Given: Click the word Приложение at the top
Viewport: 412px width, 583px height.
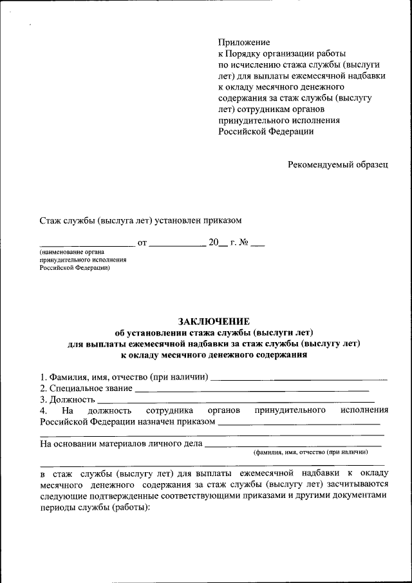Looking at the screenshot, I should coord(243,43).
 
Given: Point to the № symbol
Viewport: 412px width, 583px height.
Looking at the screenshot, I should coord(243,244).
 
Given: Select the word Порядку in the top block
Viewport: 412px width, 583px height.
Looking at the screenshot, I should coord(245,54).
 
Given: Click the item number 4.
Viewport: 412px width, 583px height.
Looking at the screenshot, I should coord(42,410).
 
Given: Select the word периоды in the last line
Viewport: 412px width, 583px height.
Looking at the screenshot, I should coord(57,507).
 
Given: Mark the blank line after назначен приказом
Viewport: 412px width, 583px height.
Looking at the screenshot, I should coord(299,424).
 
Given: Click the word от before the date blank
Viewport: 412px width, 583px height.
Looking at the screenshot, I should coord(142,244).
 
